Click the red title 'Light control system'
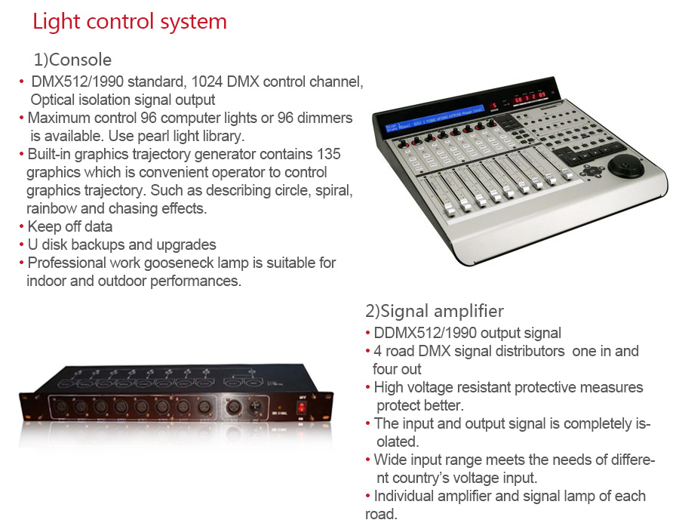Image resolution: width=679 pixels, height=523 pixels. (130, 22)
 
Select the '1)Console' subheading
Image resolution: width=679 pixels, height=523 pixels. (72, 60)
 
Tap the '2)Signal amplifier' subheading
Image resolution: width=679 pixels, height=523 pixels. (435, 311)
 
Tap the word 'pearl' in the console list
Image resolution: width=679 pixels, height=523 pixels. (153, 137)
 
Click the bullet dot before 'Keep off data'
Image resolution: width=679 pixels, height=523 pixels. (21, 227)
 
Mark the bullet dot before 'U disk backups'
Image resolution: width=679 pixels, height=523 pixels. (21, 245)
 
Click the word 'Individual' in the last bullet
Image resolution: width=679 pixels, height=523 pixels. (404, 496)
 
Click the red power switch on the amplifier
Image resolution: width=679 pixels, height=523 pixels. (301, 408)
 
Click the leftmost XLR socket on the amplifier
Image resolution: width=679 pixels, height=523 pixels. (60, 408)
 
